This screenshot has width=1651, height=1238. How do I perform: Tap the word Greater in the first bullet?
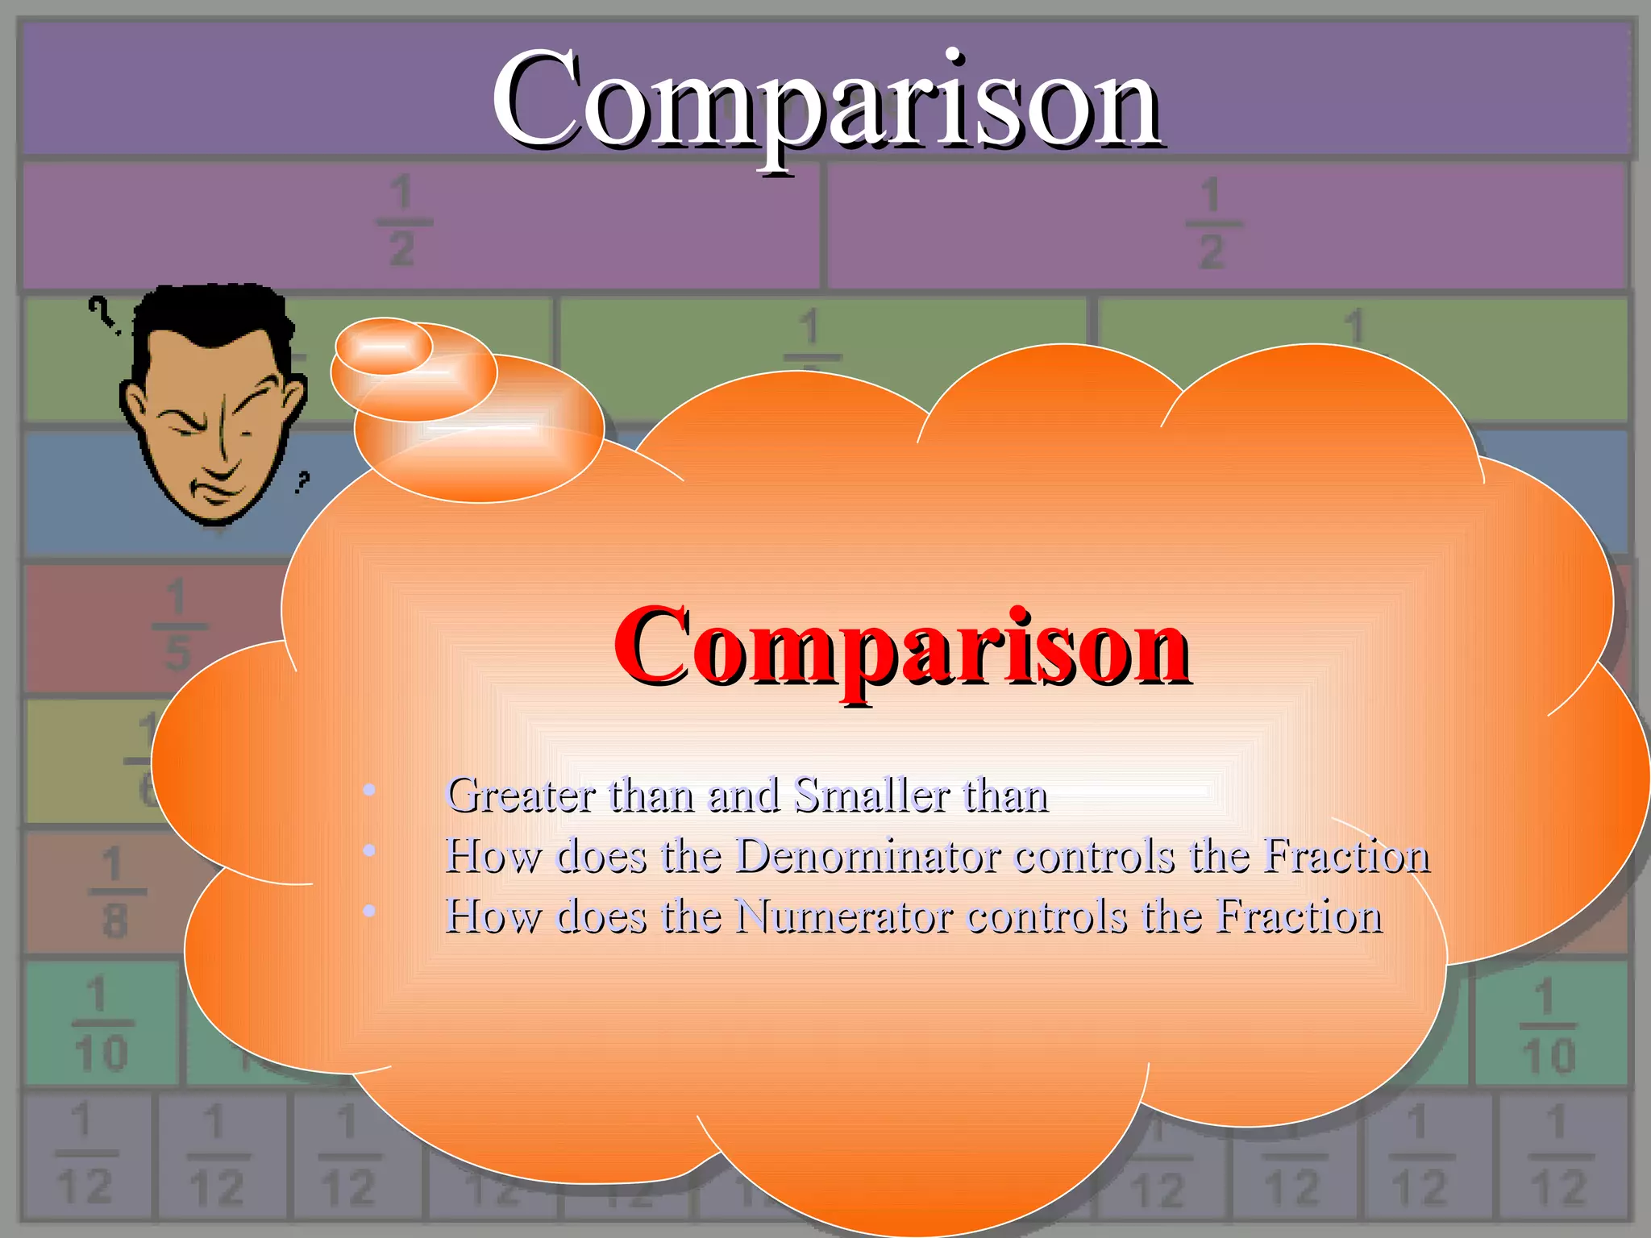tap(520, 796)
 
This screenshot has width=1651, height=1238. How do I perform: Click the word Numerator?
tap(844, 916)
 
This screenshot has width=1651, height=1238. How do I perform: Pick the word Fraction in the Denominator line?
tap(1346, 855)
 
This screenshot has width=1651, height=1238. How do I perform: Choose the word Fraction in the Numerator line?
tap(1300, 916)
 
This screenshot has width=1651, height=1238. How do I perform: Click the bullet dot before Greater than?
tap(369, 790)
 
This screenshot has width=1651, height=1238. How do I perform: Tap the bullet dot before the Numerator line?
tap(369, 911)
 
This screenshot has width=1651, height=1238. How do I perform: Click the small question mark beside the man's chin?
tap(302, 482)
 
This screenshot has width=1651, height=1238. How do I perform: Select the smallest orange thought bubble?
tap(384, 346)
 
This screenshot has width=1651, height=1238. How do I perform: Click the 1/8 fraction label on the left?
tap(114, 892)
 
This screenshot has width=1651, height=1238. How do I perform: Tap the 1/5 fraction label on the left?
tap(177, 625)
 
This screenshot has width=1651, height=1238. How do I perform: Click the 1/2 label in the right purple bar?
tap(1211, 224)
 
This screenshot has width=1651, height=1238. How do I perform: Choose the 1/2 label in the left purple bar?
tap(402, 222)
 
